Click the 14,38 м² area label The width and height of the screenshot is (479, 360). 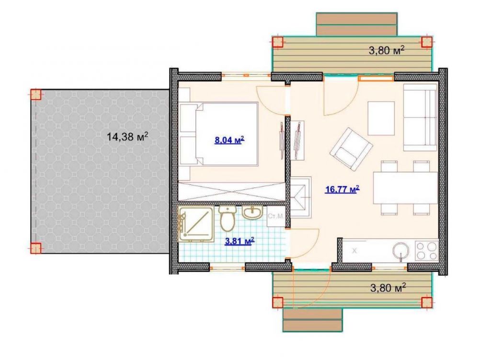[127, 136]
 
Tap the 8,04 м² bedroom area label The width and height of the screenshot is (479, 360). [229, 140]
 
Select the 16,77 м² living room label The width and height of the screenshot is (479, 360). [342, 190]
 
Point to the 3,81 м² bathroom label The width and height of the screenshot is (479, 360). [240, 242]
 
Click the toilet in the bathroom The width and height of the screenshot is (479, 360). [227, 218]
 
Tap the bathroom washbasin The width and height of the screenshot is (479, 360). [252, 212]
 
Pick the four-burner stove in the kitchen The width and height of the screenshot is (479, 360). [426, 251]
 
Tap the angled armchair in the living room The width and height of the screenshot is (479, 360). [351, 150]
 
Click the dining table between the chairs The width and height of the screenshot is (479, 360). [405, 188]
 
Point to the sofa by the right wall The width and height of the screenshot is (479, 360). [420, 117]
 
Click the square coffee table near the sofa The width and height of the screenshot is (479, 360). [381, 118]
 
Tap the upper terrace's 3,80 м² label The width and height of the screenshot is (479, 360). [387, 50]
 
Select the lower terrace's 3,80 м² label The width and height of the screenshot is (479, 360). [388, 287]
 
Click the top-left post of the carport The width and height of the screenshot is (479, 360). [35, 94]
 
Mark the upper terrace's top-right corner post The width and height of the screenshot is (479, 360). [426, 42]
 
